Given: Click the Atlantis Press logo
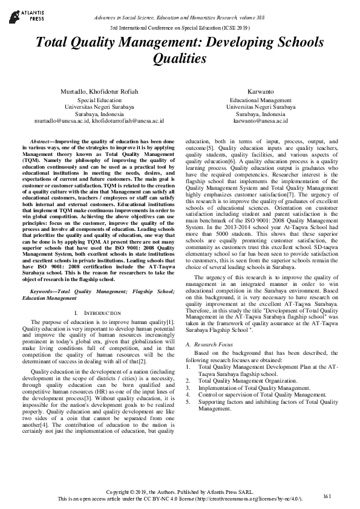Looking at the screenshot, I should pos(25,15).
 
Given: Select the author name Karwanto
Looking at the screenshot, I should pos(260,91).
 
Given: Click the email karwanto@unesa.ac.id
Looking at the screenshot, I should pos(260,121).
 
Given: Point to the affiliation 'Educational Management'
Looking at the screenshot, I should pos(260,100).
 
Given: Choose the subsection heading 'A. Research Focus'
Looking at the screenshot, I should pos(209,344).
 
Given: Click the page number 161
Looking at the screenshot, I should pos(327,496).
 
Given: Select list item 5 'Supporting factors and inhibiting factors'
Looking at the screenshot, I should pos(268,401).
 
